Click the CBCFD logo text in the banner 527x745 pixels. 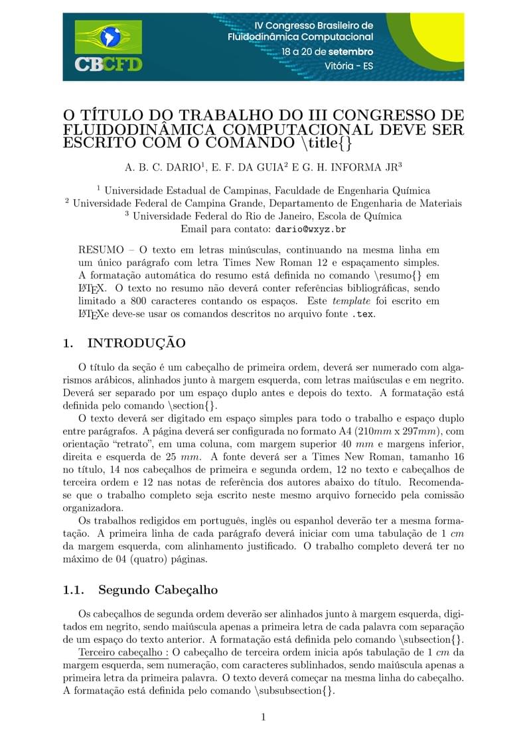pyautogui.click(x=108, y=65)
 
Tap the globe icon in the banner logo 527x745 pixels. pyautogui.click(x=108, y=36)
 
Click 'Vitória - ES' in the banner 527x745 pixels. pyautogui.click(x=348, y=66)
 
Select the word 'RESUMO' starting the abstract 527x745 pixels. pyautogui.click(x=101, y=250)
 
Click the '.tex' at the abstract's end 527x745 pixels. pyautogui.click(x=363, y=313)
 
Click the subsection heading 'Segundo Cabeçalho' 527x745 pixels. pyautogui.click(x=158, y=590)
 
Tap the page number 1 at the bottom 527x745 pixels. pyautogui.click(x=263, y=717)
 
